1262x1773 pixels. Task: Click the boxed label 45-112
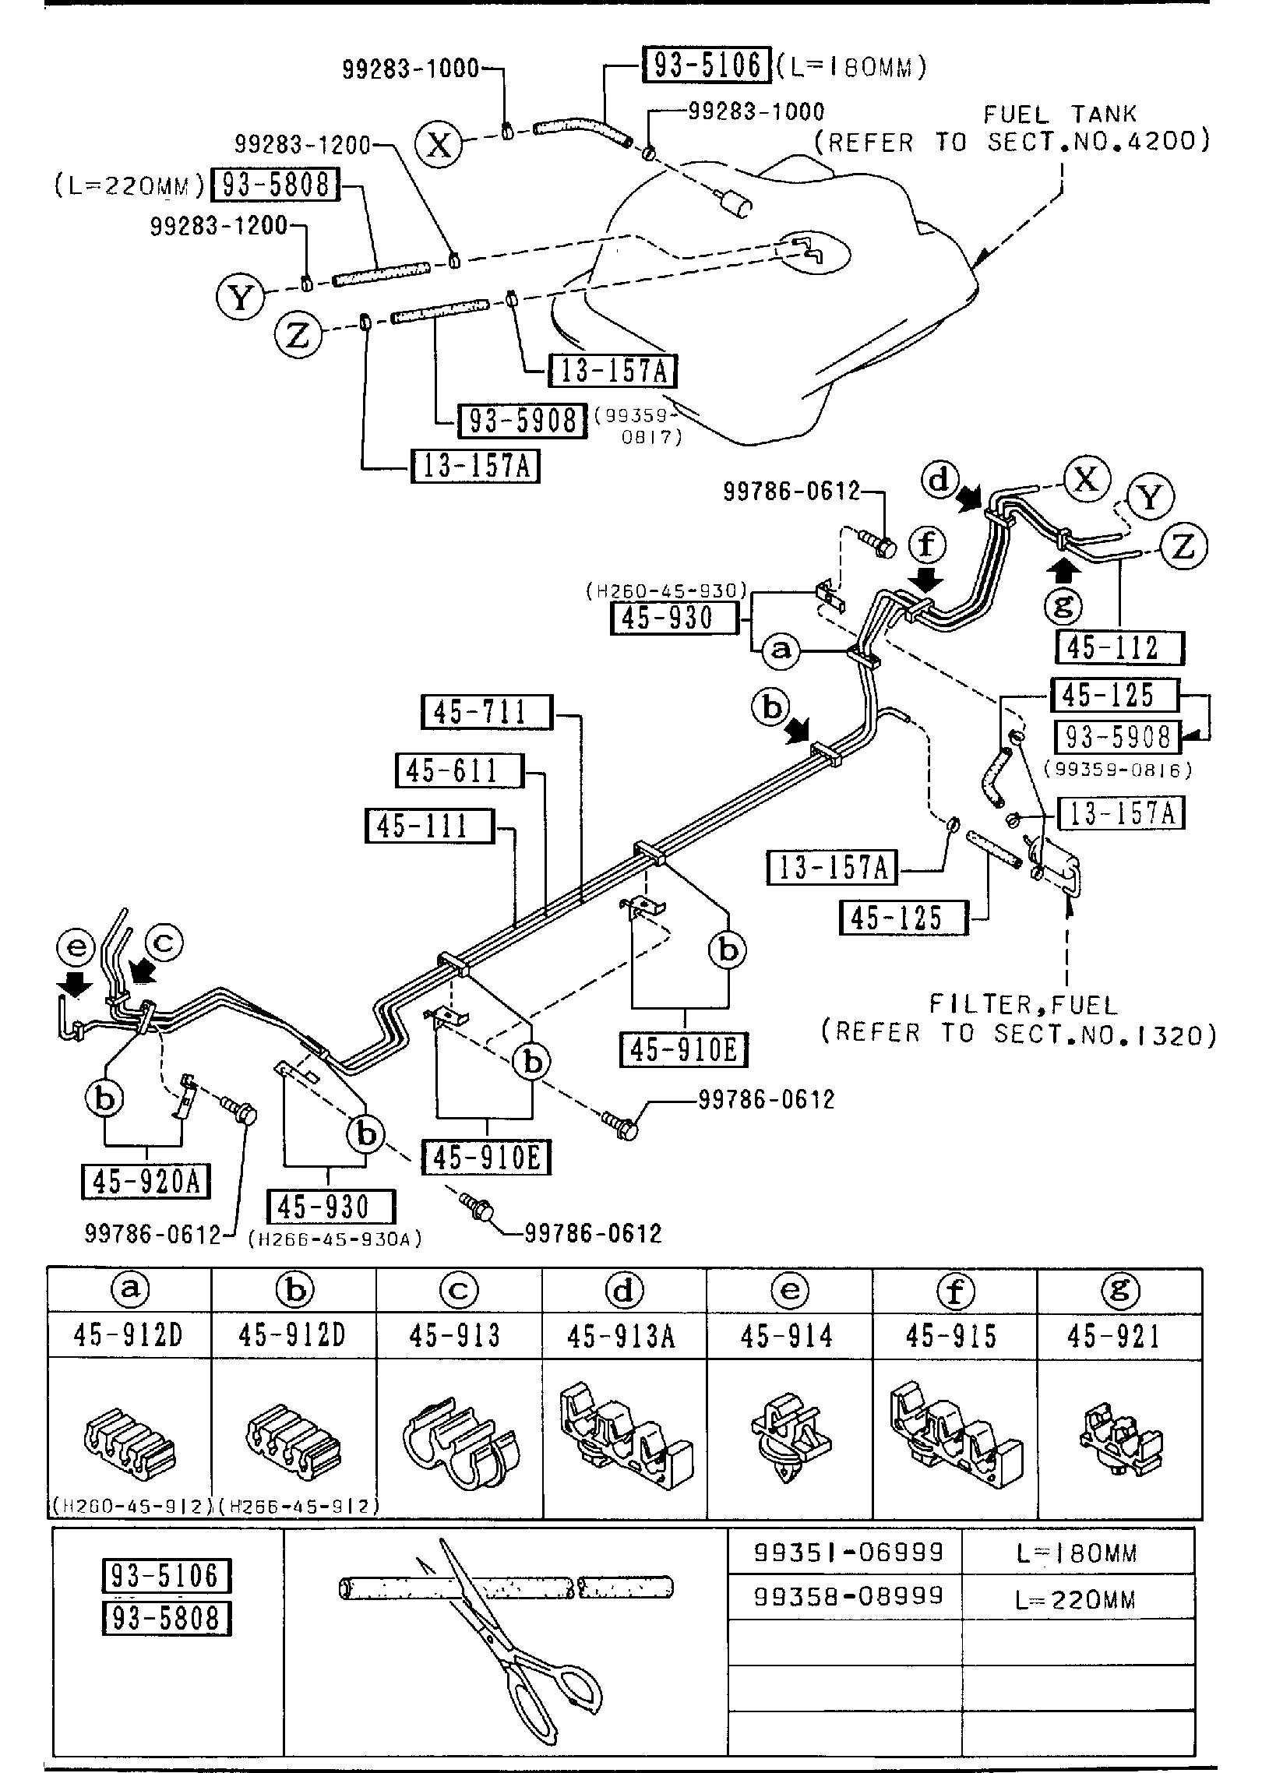(1119, 647)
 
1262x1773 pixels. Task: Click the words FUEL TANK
(1059, 115)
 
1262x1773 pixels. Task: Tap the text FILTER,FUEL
(1024, 1005)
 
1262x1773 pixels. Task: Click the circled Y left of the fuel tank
(240, 298)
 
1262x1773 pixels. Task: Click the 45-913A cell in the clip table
(622, 1337)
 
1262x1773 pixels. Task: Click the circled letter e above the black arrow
(75, 947)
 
